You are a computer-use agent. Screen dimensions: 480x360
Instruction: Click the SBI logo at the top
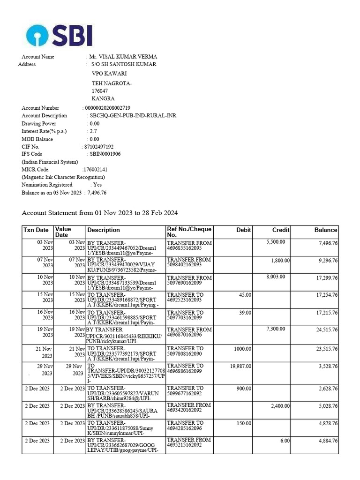coord(59,36)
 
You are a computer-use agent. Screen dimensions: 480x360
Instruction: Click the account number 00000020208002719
coord(107,108)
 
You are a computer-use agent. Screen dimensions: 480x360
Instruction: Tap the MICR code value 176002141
coord(95,169)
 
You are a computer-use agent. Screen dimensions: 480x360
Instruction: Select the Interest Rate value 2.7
coord(94,131)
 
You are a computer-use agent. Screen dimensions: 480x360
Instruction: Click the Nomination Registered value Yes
coord(97,185)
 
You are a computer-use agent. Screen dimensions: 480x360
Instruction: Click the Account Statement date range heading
coord(100,213)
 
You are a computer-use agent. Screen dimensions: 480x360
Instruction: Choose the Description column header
coord(104,230)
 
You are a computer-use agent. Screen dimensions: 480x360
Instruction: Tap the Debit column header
coord(244,230)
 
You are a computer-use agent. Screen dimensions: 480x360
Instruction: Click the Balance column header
coord(325,230)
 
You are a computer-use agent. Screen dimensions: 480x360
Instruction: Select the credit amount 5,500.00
coord(276,242)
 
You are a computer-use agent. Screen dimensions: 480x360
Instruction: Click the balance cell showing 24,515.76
coord(327,330)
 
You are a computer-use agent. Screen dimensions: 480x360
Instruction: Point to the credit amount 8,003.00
coord(276,277)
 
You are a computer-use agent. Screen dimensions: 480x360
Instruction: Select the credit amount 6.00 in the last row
coord(285,441)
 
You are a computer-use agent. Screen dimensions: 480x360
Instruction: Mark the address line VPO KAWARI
coord(109,74)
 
